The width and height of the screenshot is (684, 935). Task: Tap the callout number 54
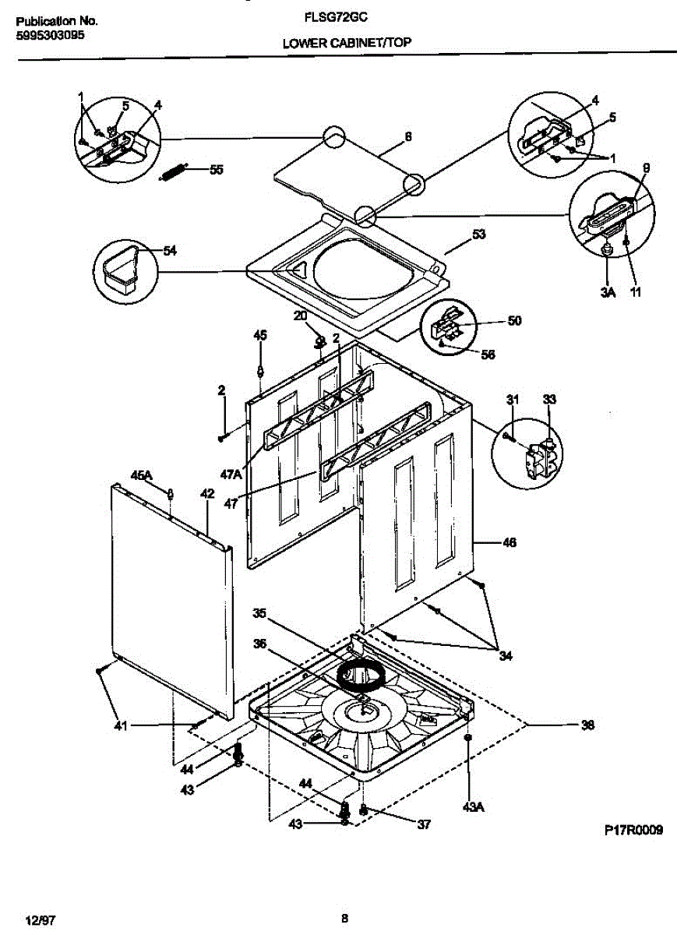(170, 250)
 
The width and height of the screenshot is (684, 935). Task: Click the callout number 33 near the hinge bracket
(549, 400)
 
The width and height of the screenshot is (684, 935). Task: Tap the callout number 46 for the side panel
(508, 542)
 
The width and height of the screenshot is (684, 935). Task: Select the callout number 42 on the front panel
(207, 493)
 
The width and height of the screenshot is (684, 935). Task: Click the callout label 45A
(141, 475)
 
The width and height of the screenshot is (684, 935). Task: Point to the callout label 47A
(231, 474)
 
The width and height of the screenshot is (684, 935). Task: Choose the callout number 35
(259, 613)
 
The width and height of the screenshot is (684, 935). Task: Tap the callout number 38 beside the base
(587, 725)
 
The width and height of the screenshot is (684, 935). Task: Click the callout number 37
(423, 824)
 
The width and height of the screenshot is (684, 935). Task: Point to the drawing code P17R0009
(633, 831)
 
